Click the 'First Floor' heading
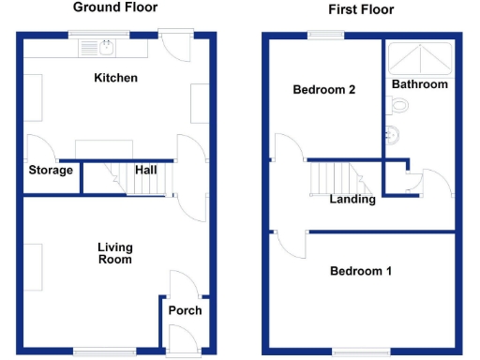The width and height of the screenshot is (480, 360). (361, 10)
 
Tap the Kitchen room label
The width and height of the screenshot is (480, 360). (116, 78)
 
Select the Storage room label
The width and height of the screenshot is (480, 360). (51, 171)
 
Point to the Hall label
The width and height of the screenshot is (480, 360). (145, 171)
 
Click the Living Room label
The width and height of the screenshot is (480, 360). (115, 253)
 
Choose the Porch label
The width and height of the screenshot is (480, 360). (185, 310)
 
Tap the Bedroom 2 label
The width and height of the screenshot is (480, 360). (323, 91)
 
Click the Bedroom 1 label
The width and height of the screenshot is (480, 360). (361, 272)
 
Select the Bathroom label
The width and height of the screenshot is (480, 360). (419, 84)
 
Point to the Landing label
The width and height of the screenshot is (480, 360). (352, 199)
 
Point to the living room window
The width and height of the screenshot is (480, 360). (100, 352)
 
